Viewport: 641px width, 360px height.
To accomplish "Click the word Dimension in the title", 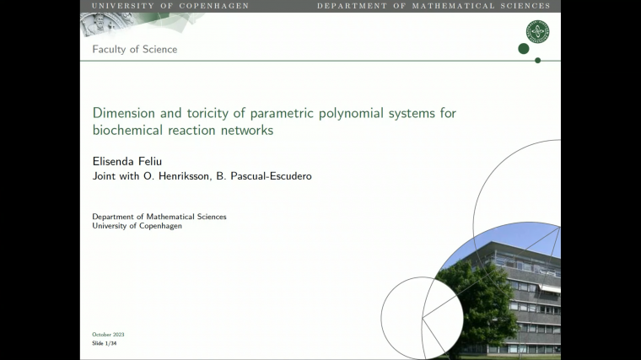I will pos(122,113).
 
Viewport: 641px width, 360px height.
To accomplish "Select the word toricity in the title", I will pos(200,113).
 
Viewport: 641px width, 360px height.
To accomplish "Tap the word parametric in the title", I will pos(274,113).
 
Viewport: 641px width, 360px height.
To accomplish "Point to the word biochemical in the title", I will pos(128,131).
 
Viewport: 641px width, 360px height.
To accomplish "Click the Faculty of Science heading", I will pos(135,49).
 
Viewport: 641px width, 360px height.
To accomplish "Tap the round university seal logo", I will pos(537,32).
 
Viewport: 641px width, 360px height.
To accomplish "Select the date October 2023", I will pos(108,335).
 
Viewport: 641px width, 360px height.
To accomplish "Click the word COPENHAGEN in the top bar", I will pos(217,6).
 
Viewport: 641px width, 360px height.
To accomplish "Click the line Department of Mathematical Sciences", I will pos(159,217).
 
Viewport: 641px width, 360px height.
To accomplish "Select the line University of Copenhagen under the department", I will pos(137,226).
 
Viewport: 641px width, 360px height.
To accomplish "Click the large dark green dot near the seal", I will pos(523,49).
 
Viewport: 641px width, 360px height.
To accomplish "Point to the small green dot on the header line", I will pos(537,60).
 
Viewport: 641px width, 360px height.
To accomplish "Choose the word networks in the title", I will pos(245,131).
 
